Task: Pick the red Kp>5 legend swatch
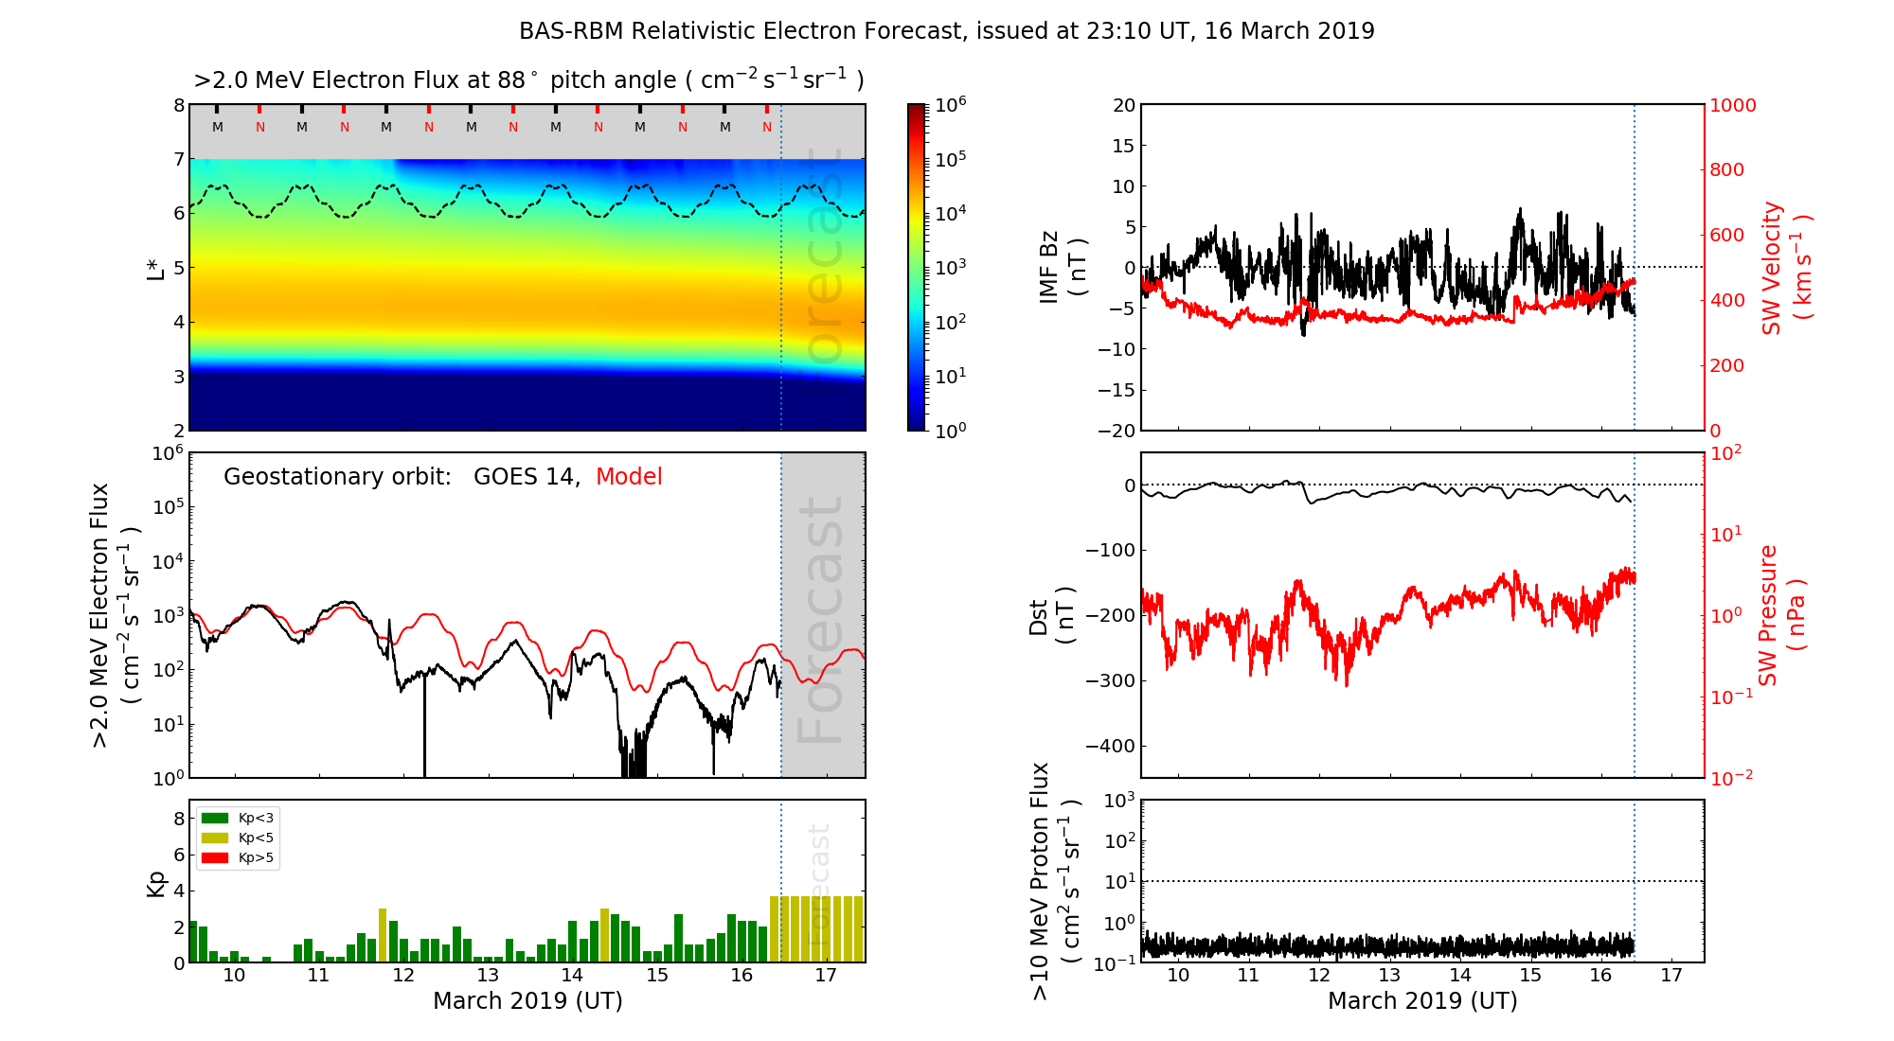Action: [215, 858]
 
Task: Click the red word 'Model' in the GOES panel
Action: [629, 477]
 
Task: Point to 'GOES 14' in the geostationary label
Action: [525, 477]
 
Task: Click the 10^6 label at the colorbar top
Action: [951, 105]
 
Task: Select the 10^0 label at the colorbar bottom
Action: [951, 430]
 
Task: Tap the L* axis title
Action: [156, 267]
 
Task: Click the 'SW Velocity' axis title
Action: [1772, 268]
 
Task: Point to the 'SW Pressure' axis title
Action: [1768, 615]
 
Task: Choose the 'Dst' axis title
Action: [1039, 616]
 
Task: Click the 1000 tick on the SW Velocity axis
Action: [1732, 105]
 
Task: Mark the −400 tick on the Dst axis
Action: [1111, 746]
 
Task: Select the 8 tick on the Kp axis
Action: [179, 819]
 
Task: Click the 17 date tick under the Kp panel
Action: [826, 976]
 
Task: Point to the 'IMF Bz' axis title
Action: [1049, 267]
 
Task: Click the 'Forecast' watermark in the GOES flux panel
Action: [820, 620]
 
